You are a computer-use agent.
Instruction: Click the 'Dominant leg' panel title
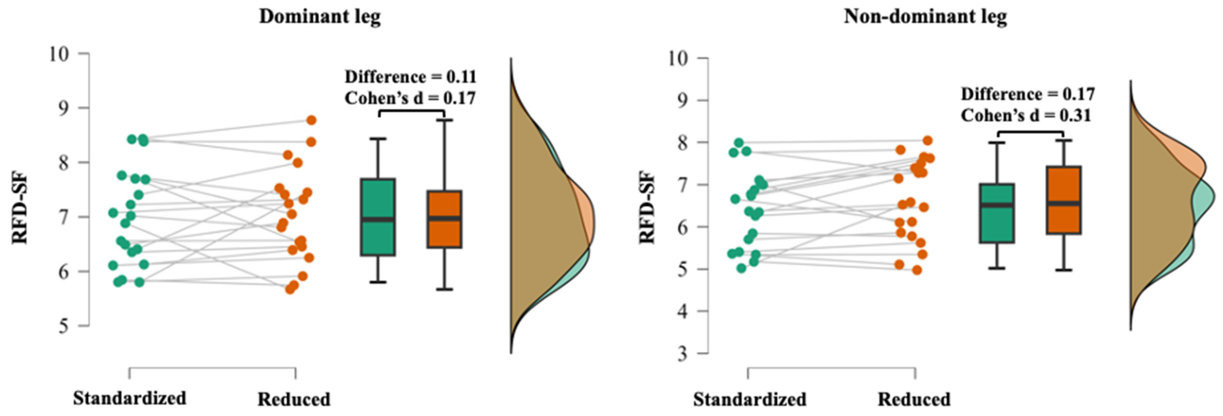[x=319, y=17]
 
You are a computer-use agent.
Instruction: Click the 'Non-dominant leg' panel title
[x=925, y=17]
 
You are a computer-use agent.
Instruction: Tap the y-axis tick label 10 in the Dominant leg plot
[x=59, y=54]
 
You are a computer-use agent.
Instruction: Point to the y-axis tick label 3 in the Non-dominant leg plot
[x=682, y=354]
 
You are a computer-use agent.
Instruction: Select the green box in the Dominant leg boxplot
[x=378, y=217]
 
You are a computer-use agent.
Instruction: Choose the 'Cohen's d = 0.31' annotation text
[x=1026, y=116]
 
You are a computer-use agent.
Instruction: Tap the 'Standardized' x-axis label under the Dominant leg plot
[x=130, y=398]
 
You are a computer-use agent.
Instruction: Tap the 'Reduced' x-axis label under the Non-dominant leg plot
[x=914, y=399]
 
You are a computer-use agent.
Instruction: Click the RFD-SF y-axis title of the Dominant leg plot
[x=20, y=209]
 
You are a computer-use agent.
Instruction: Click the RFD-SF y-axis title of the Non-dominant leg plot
[x=647, y=207]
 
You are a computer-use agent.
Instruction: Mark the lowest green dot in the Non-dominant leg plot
[x=741, y=268]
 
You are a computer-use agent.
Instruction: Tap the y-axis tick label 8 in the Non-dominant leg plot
[x=682, y=143]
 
